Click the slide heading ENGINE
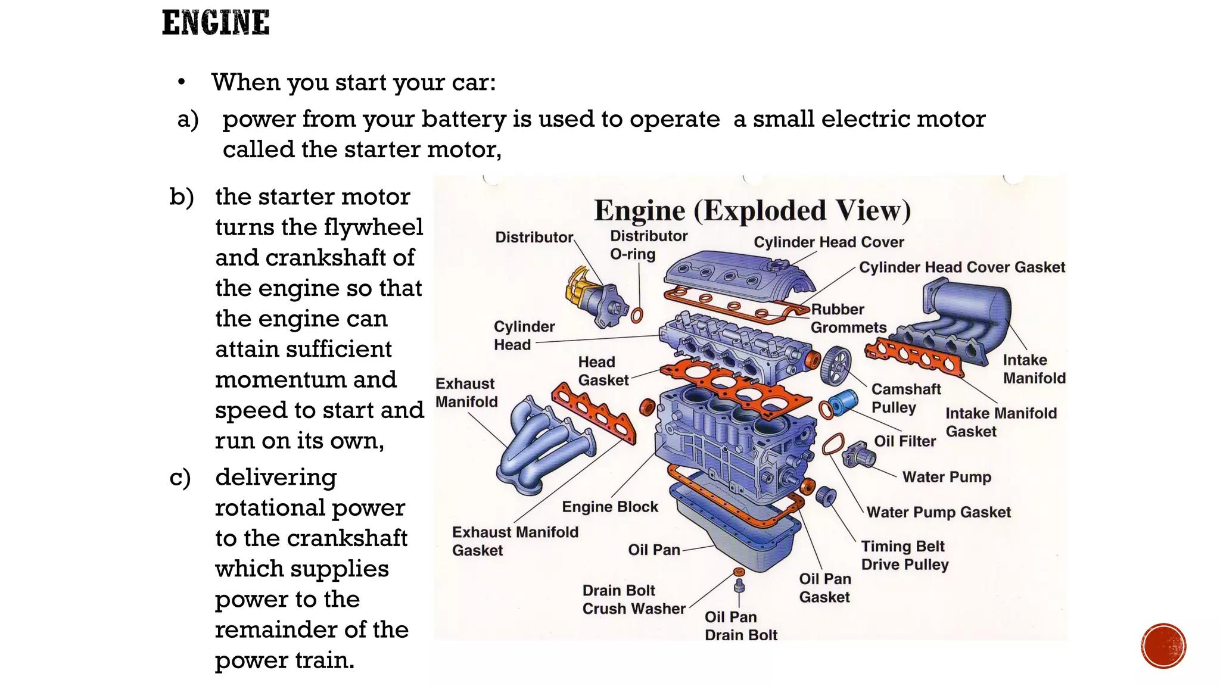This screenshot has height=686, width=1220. [216, 23]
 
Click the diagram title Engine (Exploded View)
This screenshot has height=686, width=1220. [752, 211]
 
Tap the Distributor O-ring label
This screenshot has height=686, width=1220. [648, 245]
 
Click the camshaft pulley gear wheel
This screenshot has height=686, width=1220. [835, 365]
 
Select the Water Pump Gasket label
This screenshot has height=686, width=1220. [938, 512]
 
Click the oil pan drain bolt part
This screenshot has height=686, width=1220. [739, 587]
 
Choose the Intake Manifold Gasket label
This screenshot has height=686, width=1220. [1000, 422]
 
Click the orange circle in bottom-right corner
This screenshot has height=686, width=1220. [1163, 646]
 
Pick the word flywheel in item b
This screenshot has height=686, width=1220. [374, 227]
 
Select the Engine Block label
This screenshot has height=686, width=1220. [610, 507]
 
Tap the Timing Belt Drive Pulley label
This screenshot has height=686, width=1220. [904, 555]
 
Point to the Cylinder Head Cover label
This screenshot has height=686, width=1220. [829, 242]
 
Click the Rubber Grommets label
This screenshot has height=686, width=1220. [848, 319]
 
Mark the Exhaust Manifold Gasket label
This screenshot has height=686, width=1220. [515, 541]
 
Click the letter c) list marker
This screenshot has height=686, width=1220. [180, 478]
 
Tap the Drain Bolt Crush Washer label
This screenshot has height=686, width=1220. [633, 599]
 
